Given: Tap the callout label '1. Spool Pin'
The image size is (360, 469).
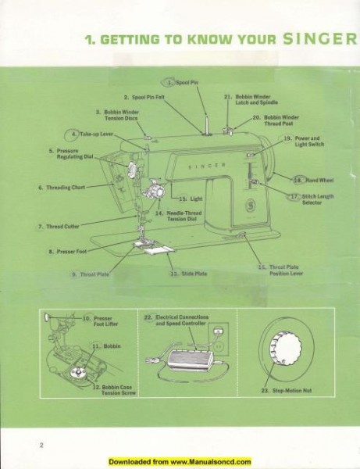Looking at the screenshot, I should (x=184, y=81).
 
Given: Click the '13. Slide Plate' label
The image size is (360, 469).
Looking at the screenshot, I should (x=188, y=274).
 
